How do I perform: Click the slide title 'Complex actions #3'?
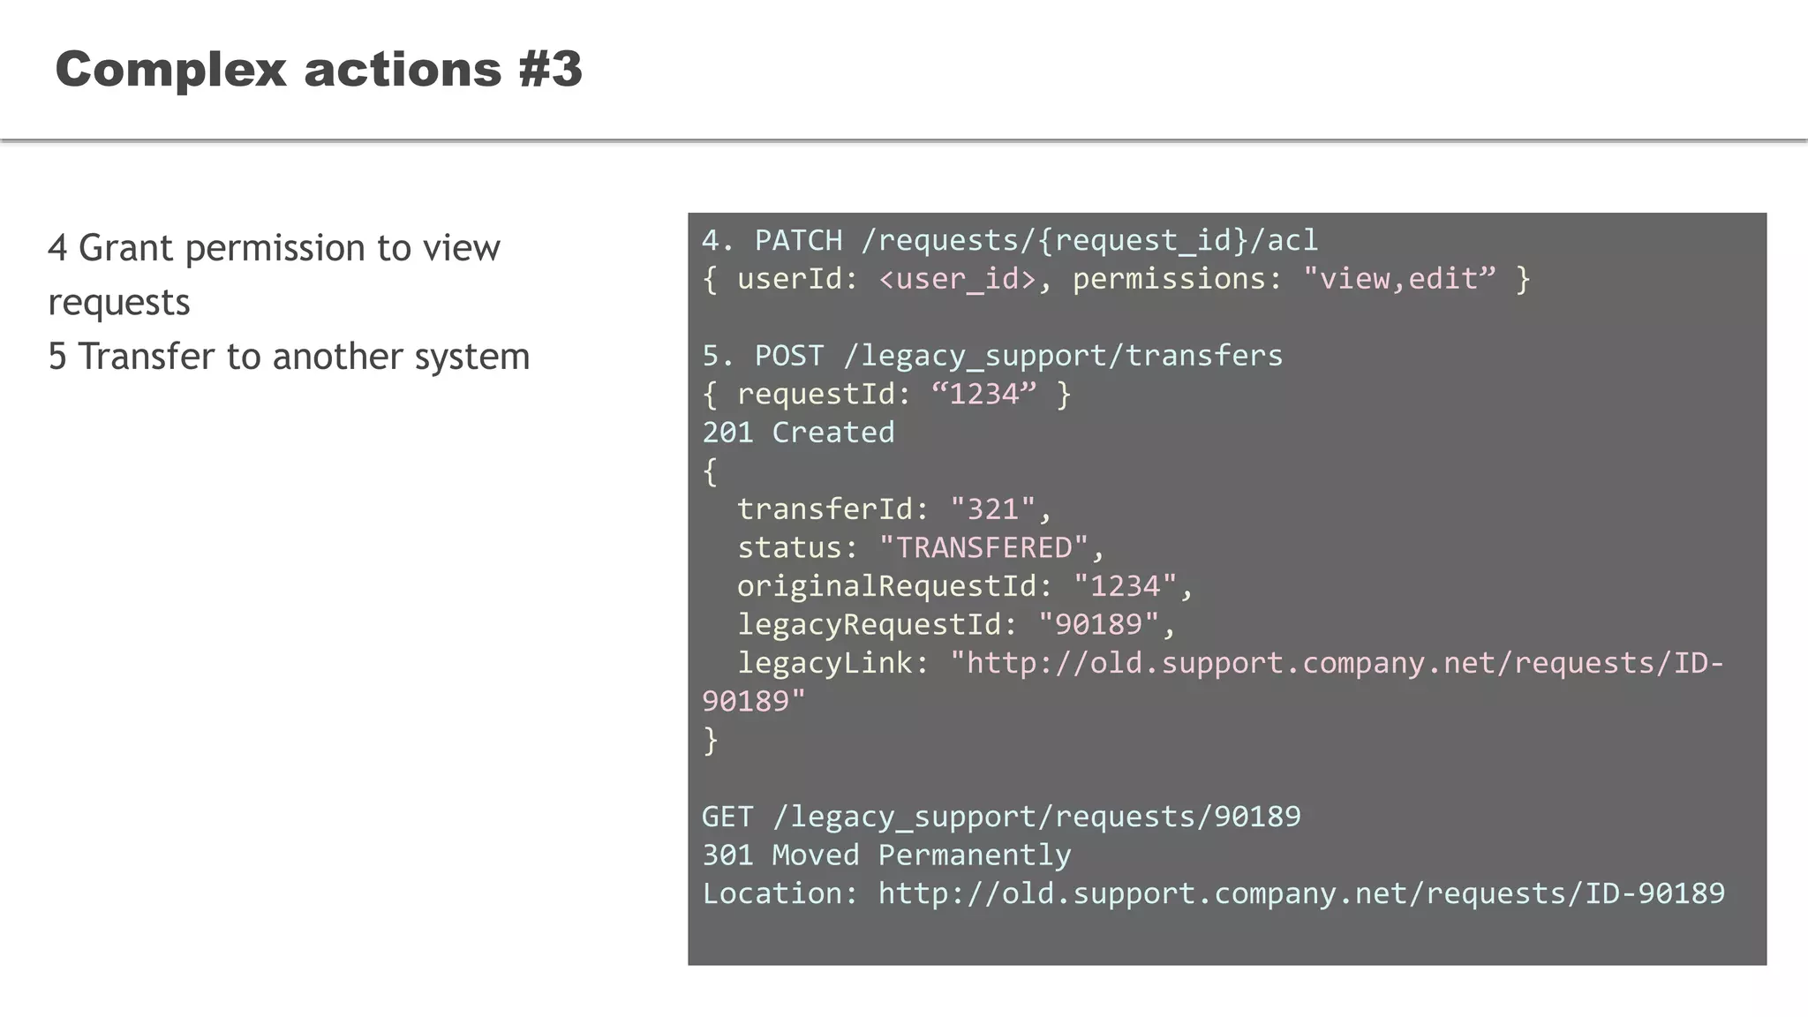319,69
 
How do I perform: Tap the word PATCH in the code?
798,240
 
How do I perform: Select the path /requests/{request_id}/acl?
1089,240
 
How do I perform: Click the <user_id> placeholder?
957,279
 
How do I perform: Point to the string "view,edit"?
1399,279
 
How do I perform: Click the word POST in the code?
788,356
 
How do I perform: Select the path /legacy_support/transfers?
1062,356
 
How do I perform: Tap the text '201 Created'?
798,433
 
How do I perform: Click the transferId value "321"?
992,509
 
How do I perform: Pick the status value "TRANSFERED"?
983,547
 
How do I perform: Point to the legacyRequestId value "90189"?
1098,624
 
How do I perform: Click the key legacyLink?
825,663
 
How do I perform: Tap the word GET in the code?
727,817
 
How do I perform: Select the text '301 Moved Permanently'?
885,855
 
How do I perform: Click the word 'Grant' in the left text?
126,248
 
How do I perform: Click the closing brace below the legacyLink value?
711,740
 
